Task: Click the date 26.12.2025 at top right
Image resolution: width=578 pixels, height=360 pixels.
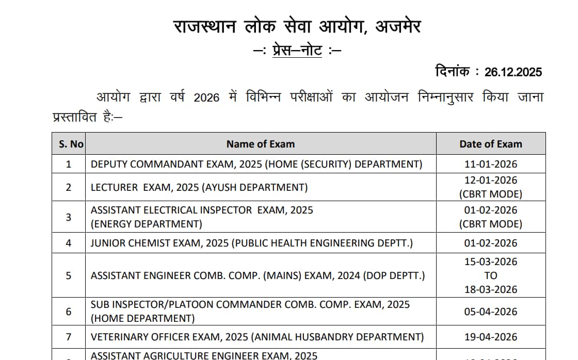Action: [513, 72]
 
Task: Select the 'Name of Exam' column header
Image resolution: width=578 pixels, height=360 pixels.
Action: [261, 144]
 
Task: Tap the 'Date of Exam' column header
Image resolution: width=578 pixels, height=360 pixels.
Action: [491, 144]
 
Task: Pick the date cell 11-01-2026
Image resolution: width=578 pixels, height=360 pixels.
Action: [491, 165]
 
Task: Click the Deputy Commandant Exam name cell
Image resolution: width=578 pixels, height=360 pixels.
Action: [256, 165]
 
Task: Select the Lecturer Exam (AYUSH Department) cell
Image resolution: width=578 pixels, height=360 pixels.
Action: [199, 187]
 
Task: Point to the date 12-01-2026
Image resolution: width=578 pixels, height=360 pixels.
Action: [491, 181]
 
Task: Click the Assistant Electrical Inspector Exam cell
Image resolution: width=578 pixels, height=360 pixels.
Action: [202, 217]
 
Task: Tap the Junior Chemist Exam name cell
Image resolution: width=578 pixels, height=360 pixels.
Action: [252, 243]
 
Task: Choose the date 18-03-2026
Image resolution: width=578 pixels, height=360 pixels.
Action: [491, 289]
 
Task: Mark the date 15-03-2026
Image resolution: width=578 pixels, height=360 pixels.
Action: [491, 261]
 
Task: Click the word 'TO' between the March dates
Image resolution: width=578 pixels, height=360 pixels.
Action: [491, 275]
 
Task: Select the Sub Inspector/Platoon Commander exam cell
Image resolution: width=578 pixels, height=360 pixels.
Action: [250, 311]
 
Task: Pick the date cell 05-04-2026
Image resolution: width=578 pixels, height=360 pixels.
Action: [491, 312]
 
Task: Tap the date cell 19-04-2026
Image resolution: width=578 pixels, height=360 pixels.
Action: [491, 337]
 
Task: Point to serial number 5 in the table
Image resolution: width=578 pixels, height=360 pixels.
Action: [69, 275]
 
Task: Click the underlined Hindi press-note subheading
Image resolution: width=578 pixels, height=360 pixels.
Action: [298, 51]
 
